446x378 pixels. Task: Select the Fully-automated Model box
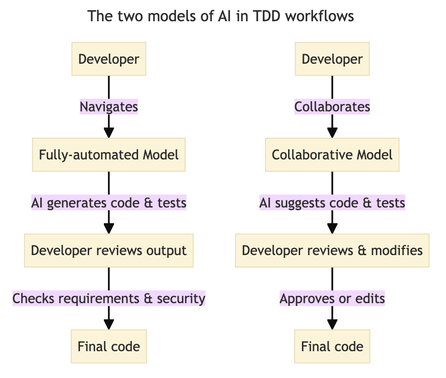[108, 154]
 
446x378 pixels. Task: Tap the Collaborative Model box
[332, 154]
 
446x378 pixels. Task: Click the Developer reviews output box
[108, 250]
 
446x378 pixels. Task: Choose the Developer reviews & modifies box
[332, 250]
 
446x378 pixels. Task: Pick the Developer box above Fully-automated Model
[108, 59]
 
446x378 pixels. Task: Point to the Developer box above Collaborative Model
[332, 59]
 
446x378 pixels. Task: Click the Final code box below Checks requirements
[108, 346]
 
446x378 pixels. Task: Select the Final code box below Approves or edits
[332, 346]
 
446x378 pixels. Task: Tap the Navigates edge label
[108, 107]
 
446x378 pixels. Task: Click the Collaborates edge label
[332, 107]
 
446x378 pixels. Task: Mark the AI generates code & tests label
[108, 203]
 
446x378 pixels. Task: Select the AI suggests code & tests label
[332, 203]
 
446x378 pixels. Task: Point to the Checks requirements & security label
[108, 299]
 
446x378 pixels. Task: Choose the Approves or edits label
[332, 299]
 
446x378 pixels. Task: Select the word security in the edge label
[181, 299]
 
